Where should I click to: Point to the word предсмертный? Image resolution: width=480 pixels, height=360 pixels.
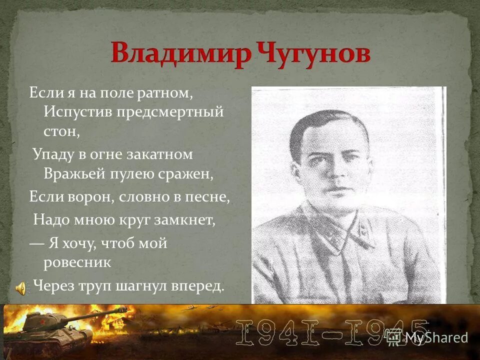pyautogui.click(x=170, y=111)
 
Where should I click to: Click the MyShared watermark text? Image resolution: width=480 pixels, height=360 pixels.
pyautogui.click(x=436, y=337)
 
